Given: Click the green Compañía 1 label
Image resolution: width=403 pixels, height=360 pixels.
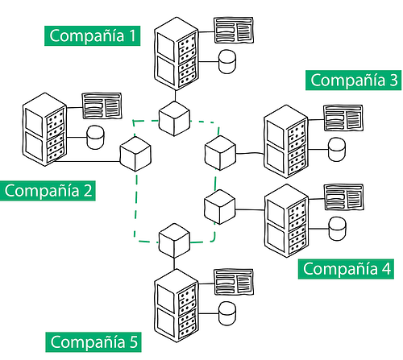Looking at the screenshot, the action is point(92,35).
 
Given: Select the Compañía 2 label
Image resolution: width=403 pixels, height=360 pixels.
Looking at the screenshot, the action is point(48,191).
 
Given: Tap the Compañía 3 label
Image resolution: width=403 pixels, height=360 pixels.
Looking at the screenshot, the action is point(353,80).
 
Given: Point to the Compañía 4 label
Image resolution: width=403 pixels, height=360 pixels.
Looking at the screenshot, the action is point(346,269).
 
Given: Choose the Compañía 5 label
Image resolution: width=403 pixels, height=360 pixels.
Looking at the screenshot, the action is point(93,342).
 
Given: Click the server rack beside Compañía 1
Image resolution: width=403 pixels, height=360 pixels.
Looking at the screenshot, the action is point(177,54).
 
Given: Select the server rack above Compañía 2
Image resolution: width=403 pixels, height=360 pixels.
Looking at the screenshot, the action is point(44,130).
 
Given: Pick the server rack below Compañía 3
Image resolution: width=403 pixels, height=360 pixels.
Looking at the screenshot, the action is point(286,142).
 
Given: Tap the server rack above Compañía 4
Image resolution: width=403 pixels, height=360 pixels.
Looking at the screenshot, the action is point(286,221).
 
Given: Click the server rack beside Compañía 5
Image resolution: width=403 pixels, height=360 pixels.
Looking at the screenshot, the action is point(177,305).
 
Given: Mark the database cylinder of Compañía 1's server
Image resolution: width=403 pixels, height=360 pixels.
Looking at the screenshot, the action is point(227,61).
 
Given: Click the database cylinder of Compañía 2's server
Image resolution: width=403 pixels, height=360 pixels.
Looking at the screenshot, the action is point(95,137).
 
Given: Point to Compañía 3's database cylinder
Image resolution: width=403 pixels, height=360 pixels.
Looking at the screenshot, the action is point(337,149).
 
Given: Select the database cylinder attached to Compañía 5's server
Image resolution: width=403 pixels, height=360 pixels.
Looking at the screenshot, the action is point(227,313).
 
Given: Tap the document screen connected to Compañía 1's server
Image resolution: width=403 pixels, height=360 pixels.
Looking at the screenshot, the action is point(234,30).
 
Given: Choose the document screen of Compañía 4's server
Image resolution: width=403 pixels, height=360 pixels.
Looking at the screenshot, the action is point(343,197).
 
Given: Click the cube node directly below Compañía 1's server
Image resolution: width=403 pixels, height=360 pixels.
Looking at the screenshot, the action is point(174,118).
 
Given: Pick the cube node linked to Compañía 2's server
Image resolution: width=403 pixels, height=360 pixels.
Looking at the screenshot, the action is point(135,154).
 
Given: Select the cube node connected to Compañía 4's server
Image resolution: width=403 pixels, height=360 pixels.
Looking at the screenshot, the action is point(220,207).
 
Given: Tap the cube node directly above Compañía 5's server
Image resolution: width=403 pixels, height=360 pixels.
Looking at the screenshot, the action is point(174,241).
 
